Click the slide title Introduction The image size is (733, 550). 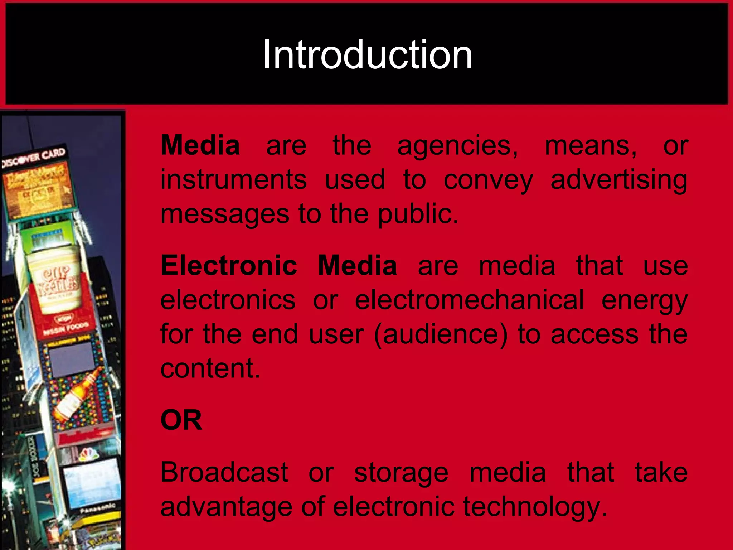coord(367,55)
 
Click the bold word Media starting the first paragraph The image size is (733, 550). coord(200,145)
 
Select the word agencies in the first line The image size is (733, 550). coord(457,146)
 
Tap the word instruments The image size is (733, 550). coord(233,179)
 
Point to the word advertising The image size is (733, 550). coord(619,180)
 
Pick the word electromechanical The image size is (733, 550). coord(469,300)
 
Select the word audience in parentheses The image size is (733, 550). coord(441,334)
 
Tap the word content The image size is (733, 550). coord(209,368)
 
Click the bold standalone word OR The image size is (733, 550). coord(181,420)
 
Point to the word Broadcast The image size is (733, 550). coord(224,472)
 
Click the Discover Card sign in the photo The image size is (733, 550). coord(34,158)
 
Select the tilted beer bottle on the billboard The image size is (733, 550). coord(77,394)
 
